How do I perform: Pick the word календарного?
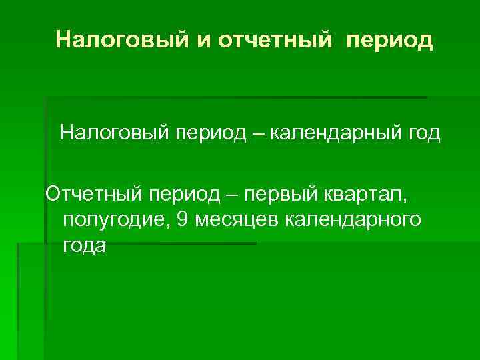tap(353, 219)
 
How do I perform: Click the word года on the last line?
tap(84, 245)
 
